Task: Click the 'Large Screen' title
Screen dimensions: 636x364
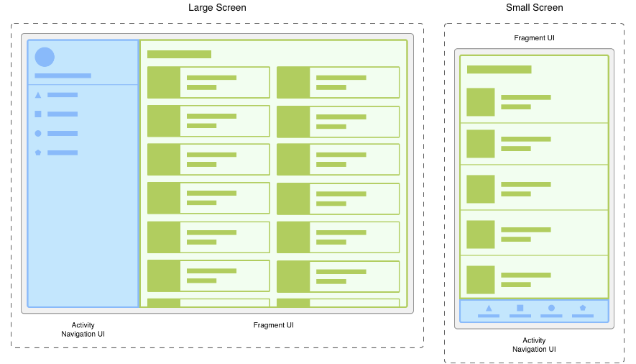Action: click(x=217, y=8)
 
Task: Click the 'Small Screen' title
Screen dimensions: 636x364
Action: click(x=534, y=8)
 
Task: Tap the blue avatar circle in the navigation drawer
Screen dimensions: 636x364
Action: click(x=45, y=57)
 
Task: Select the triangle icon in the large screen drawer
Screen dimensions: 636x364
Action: click(x=38, y=95)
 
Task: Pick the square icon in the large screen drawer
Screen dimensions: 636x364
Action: click(x=38, y=114)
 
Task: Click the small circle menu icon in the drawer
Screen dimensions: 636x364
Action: click(x=38, y=133)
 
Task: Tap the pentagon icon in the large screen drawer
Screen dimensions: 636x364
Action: click(x=38, y=153)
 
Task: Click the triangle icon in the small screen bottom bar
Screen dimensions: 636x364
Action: click(x=489, y=308)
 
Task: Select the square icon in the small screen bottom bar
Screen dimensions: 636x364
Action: click(x=520, y=308)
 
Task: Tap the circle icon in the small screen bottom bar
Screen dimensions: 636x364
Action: click(x=551, y=308)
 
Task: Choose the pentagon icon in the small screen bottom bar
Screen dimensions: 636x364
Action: click(x=583, y=308)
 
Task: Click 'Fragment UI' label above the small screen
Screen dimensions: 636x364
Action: click(x=534, y=37)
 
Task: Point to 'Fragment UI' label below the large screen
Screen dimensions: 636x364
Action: click(x=273, y=325)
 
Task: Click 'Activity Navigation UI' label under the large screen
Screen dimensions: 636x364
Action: click(x=83, y=329)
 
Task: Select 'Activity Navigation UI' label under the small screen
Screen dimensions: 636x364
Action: click(x=534, y=345)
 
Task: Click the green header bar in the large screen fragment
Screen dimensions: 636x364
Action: click(x=179, y=55)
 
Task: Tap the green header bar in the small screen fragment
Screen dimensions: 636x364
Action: click(x=499, y=69)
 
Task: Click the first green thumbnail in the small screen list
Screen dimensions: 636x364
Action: click(x=481, y=102)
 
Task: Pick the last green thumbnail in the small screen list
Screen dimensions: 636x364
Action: click(x=481, y=280)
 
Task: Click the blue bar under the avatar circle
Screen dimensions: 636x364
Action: click(x=63, y=76)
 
